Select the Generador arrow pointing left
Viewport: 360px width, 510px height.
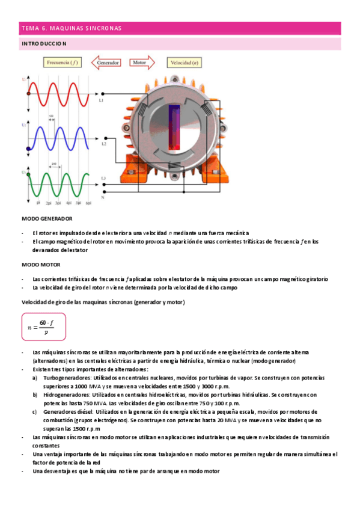click(106, 62)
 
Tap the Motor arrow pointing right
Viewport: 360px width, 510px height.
click(141, 62)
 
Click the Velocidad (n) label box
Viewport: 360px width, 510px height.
click(185, 62)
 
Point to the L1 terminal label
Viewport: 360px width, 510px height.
click(102, 100)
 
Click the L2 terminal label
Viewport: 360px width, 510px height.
click(103, 144)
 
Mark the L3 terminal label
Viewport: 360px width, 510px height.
click(103, 178)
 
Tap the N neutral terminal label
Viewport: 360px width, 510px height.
click(103, 197)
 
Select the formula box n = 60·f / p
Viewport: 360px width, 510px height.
click(43, 327)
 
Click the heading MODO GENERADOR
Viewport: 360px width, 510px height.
click(47, 218)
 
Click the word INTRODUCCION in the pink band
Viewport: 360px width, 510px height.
click(44, 44)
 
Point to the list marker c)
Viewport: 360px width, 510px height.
click(35, 412)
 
